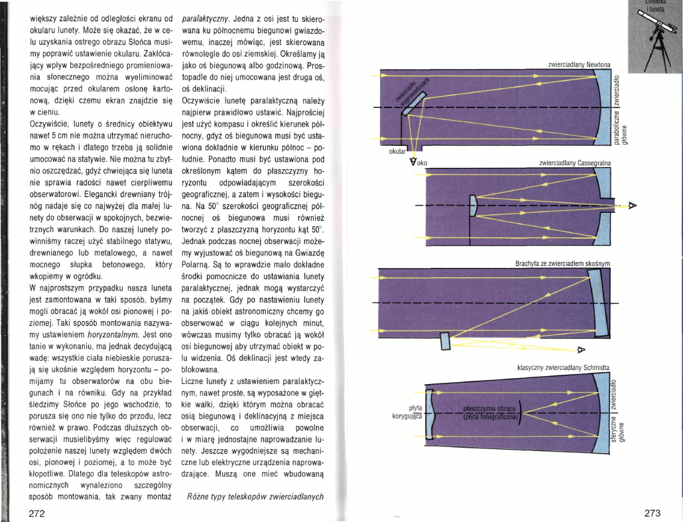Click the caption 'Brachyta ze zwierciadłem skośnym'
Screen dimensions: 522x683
(562, 263)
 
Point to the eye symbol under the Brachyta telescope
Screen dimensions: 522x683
(581, 349)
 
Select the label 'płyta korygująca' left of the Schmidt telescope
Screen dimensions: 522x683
(405, 413)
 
